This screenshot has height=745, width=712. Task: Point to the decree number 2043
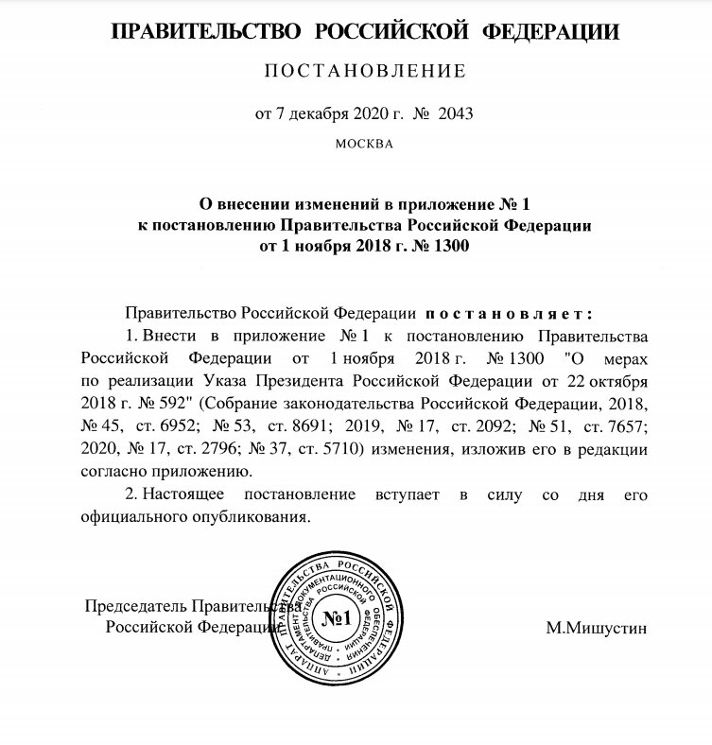click(455, 113)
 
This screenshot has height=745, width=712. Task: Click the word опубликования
click(257, 517)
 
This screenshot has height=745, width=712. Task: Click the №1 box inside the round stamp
click(337, 618)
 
